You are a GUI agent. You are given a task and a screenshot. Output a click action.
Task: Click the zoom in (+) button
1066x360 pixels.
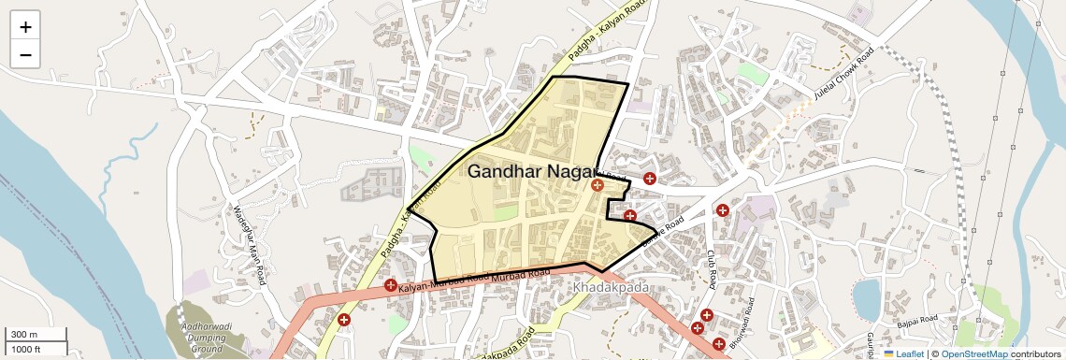25,26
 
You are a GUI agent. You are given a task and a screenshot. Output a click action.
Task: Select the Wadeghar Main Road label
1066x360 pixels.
249,239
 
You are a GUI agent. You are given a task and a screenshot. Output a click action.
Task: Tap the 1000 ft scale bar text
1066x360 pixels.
27,349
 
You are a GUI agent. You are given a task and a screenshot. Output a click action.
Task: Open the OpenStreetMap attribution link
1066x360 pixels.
973,353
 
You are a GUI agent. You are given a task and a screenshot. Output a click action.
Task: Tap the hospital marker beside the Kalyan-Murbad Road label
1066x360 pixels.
390,284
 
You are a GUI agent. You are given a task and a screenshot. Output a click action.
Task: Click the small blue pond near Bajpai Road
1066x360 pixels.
866,297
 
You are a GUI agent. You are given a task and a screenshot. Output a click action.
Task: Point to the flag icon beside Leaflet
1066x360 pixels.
888,353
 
